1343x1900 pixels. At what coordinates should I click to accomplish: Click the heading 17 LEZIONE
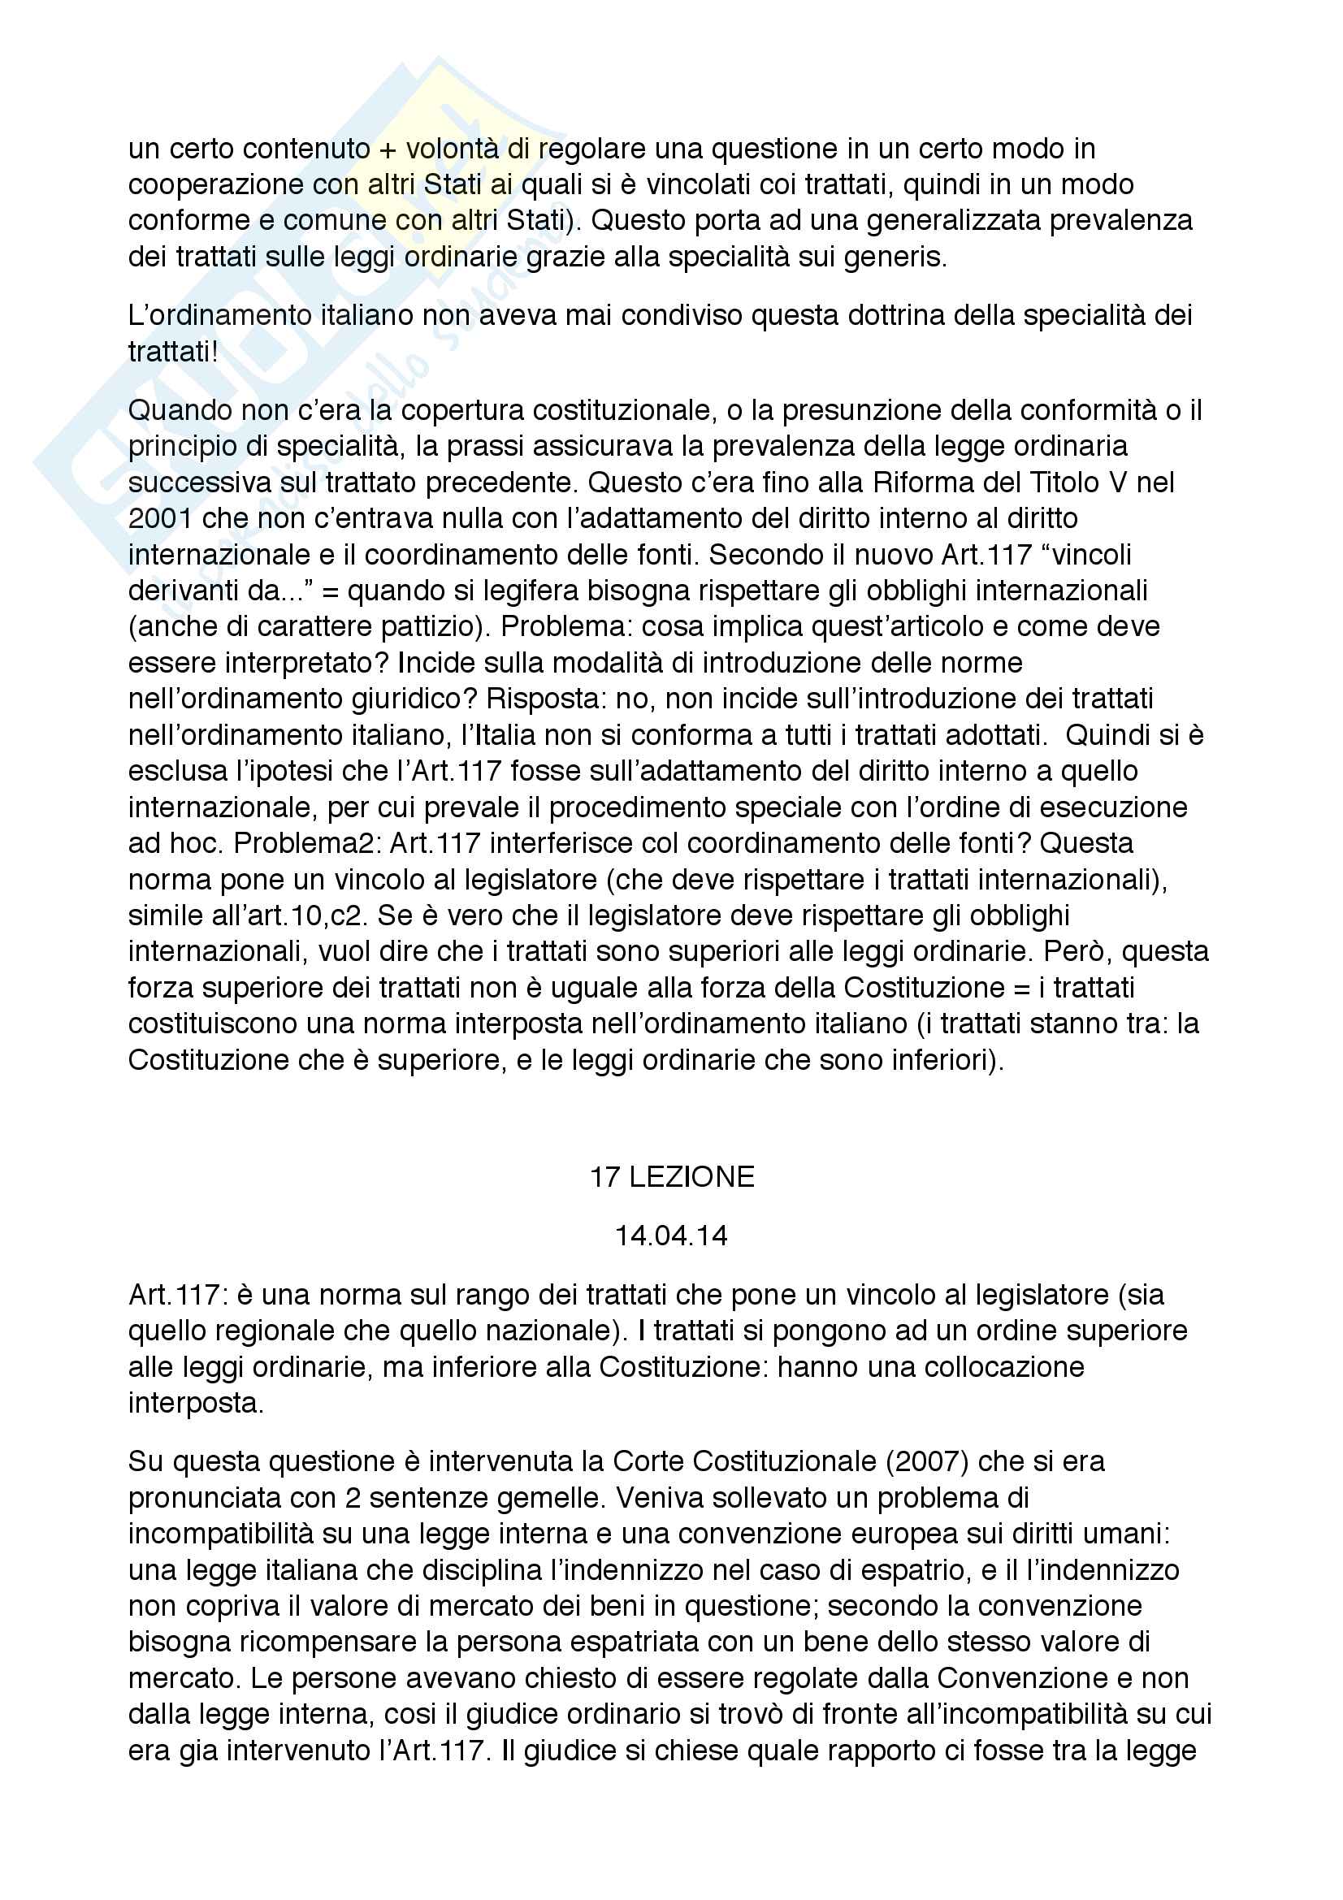coord(671,1177)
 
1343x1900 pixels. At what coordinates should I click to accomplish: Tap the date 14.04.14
coord(671,1236)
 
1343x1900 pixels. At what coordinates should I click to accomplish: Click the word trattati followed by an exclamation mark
coord(173,352)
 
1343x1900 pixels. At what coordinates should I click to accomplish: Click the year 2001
coord(161,519)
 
